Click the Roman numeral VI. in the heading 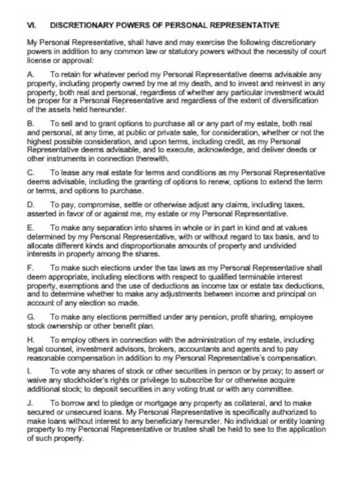coord(32,25)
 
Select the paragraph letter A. coord(30,74)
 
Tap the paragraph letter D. coord(30,205)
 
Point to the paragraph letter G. coord(30,318)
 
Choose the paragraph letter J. coord(29,403)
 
